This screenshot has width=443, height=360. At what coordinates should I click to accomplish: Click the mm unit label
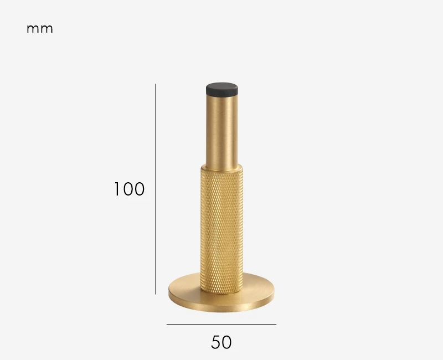tap(40, 29)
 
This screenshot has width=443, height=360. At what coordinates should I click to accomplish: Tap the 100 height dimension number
tap(129, 189)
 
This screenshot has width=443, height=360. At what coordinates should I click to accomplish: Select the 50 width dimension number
tap(221, 342)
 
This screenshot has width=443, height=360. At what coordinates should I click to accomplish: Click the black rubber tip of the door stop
tap(223, 89)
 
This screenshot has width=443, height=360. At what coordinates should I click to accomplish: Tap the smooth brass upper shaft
tap(223, 130)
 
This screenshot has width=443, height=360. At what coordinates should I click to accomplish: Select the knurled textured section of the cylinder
tap(221, 227)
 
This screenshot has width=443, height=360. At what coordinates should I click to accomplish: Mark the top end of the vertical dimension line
tap(156, 85)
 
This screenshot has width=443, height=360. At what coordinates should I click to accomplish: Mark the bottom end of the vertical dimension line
tap(156, 294)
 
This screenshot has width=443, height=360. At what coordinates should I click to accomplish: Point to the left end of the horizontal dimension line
tap(167, 324)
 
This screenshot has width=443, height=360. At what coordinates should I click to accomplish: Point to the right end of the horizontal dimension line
tap(276, 324)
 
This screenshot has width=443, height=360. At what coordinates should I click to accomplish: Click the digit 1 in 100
tap(117, 189)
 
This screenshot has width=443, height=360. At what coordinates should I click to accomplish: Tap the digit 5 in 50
tap(216, 342)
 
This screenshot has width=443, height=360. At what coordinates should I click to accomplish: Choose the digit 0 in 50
tap(227, 342)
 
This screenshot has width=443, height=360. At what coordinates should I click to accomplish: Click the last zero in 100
tap(139, 189)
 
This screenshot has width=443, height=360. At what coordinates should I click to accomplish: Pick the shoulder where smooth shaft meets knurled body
tap(223, 166)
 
